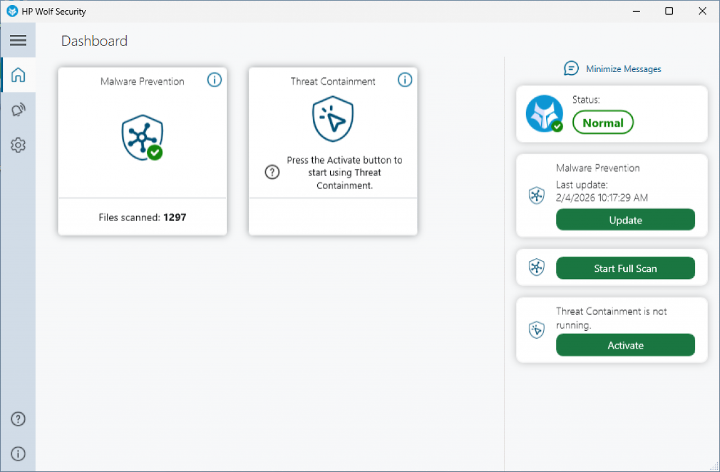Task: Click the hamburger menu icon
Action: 18,40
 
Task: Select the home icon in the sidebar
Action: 18,75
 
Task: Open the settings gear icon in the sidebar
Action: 18,145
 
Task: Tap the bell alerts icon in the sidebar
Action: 18,110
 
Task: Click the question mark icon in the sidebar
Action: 18,419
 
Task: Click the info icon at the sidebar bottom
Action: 18,453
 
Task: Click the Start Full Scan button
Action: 625,268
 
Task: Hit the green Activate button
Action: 625,345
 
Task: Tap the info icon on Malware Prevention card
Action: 214,80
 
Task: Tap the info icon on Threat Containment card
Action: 404,80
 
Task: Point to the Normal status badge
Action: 603,123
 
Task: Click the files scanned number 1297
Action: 175,217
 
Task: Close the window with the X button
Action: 703,11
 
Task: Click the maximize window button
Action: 669,11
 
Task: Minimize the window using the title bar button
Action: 636,11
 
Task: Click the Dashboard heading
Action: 94,41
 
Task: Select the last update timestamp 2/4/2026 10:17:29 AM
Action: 602,197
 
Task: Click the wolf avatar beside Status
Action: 544,114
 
